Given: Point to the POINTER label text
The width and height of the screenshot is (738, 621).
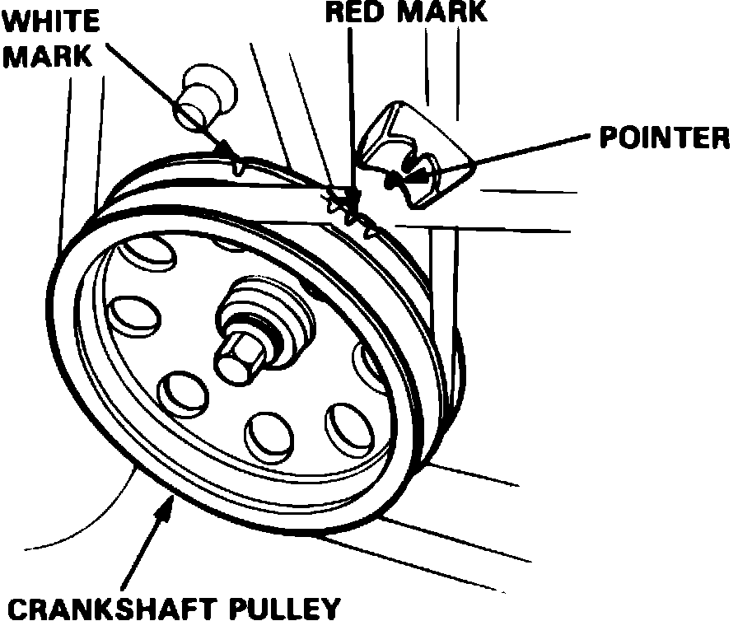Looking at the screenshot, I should [x=664, y=138].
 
